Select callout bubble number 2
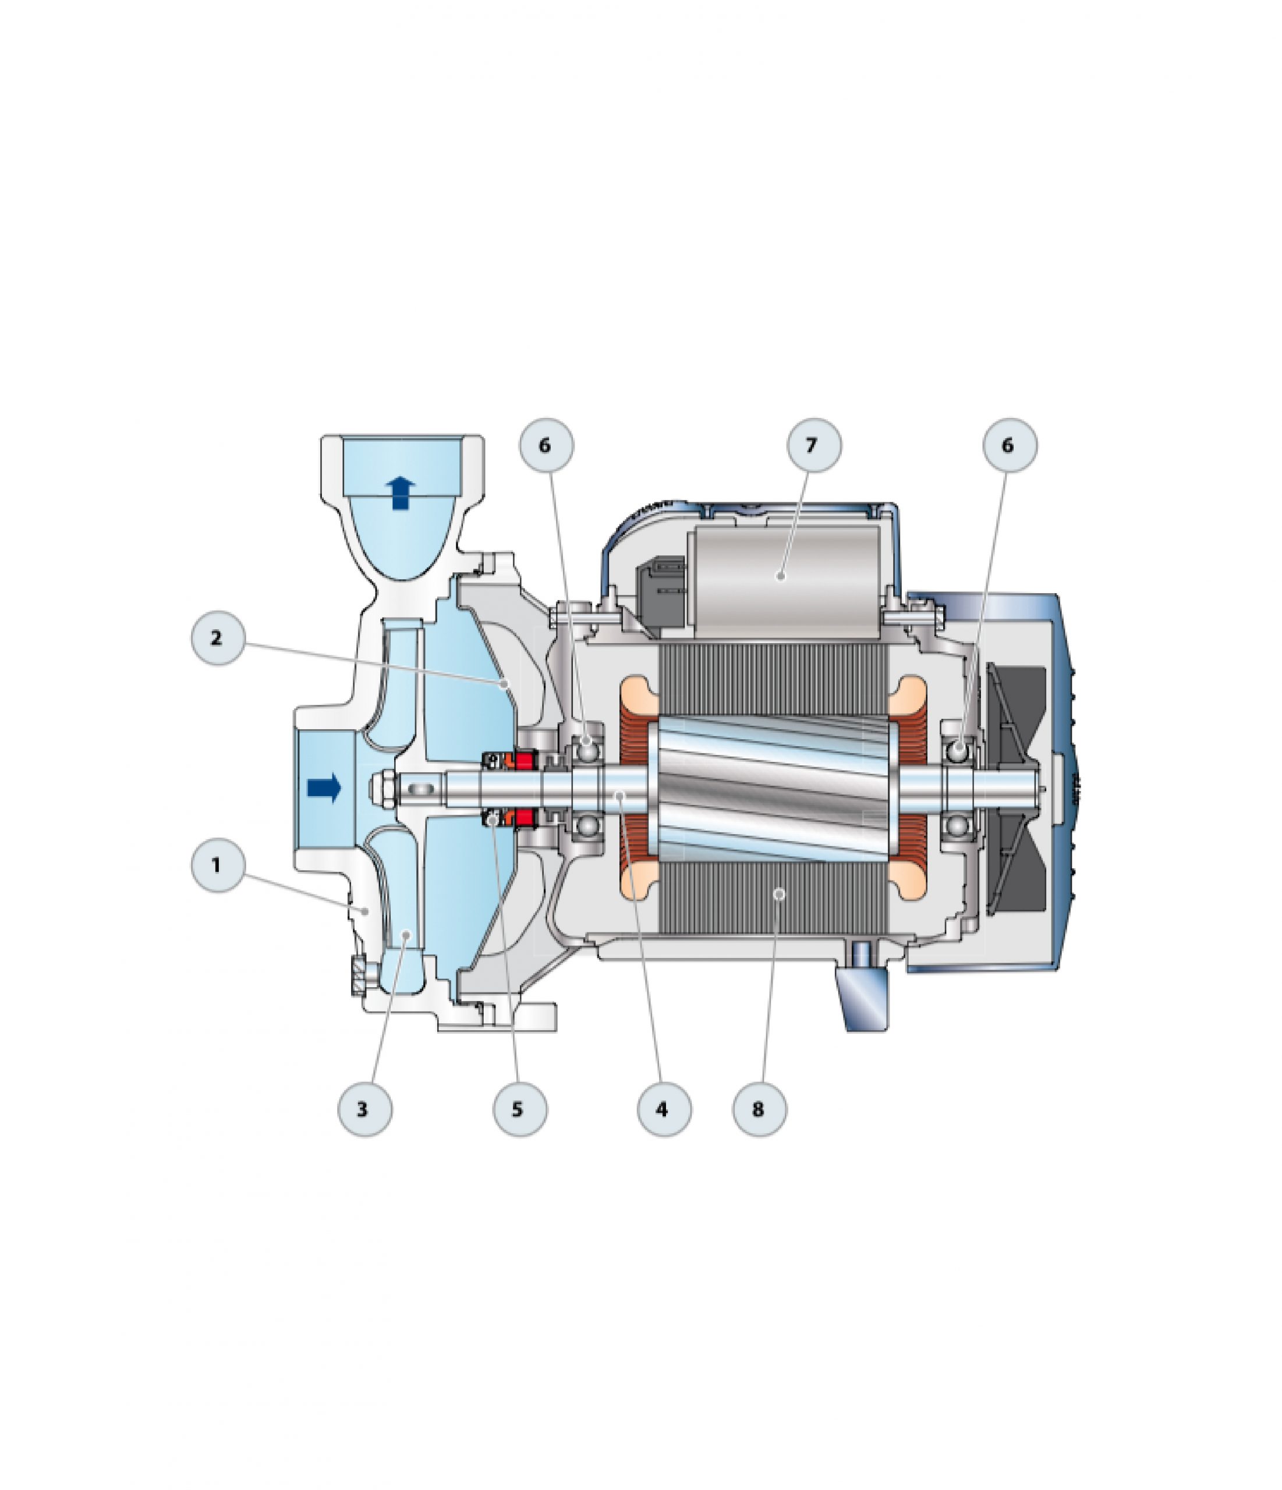point(217,638)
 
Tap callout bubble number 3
point(364,1109)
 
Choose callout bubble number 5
point(519,1109)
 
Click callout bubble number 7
point(814,445)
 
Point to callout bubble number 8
point(759,1109)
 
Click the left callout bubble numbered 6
point(546,445)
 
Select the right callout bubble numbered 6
point(1010,445)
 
